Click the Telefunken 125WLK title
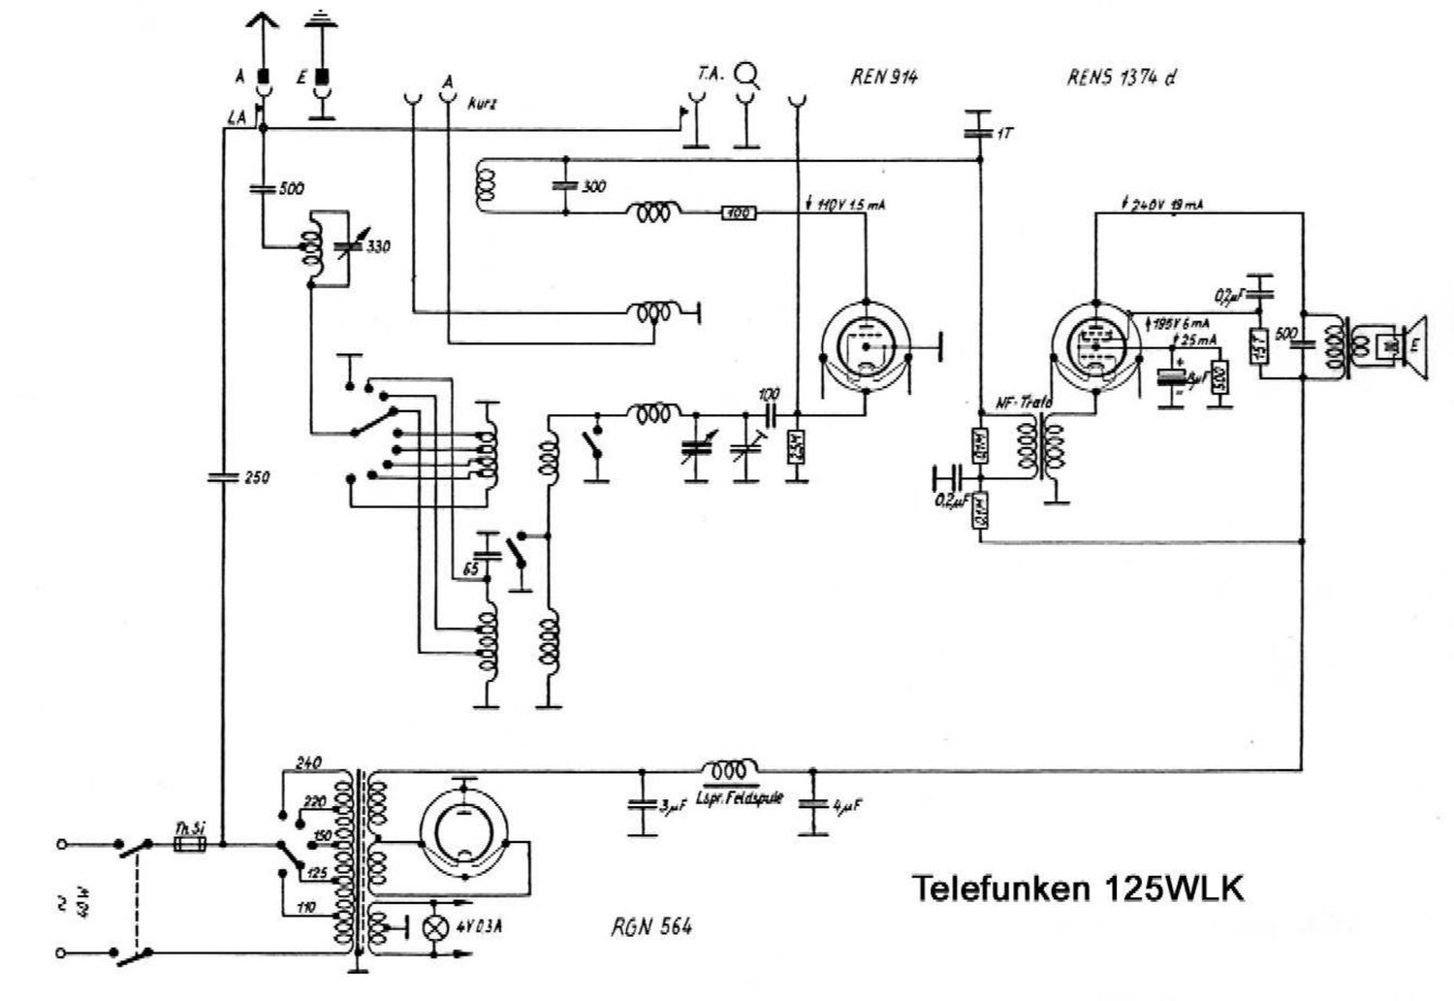coord(1077,888)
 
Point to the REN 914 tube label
coord(883,78)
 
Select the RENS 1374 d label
coord(1122,78)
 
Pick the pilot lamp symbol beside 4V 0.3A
coord(437,925)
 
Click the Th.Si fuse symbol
coord(188,844)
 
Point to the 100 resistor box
coord(739,212)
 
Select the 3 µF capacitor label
coord(672,806)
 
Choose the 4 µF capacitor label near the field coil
coord(845,806)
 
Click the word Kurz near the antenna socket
coord(481,103)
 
